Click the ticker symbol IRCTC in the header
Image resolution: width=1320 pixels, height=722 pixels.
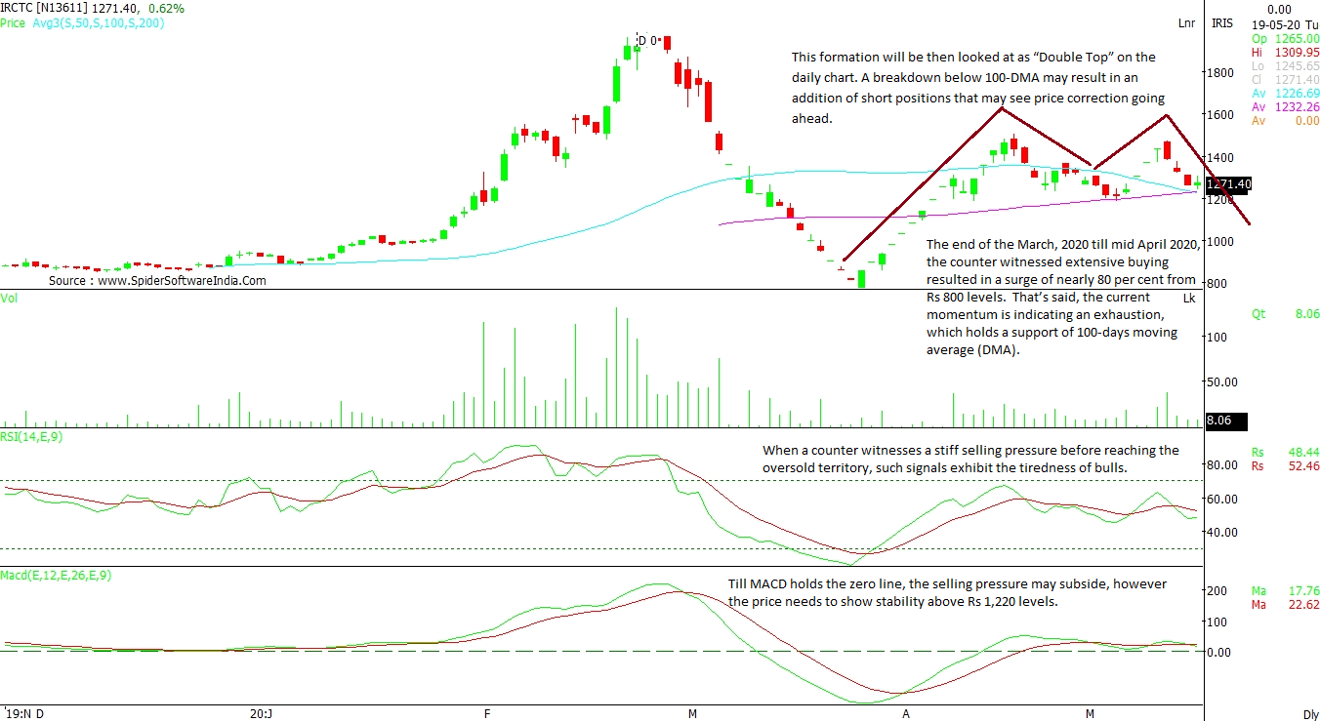(x=18, y=8)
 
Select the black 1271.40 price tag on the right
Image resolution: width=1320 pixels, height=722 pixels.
(x=1228, y=183)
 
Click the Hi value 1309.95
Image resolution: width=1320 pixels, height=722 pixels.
(x=1299, y=52)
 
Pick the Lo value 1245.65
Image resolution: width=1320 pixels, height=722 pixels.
(x=1299, y=65)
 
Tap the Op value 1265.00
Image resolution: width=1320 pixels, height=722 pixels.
(x=1299, y=37)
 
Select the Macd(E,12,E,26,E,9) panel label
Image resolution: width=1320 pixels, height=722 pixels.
(x=56, y=576)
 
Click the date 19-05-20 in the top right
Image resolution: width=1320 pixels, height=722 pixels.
(x=1268, y=22)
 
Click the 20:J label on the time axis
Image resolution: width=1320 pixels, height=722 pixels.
(x=261, y=713)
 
